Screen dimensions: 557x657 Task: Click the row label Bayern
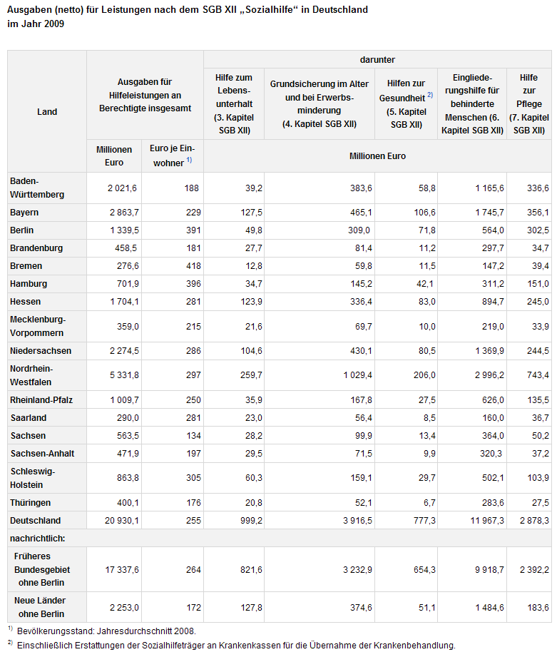(24, 213)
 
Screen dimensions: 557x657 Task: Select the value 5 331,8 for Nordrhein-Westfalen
(124, 375)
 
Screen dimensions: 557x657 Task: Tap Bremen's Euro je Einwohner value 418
(193, 266)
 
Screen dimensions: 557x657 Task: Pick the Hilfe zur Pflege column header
(529, 104)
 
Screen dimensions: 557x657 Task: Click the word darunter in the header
(377, 59)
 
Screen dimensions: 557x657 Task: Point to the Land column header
(47, 112)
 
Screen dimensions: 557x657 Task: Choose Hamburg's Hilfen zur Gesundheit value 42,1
(426, 284)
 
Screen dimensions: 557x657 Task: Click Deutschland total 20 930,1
(122, 521)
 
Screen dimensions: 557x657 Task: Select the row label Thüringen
(30, 503)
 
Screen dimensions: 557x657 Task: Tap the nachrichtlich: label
(37, 539)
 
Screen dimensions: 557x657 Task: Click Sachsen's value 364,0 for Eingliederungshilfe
(493, 436)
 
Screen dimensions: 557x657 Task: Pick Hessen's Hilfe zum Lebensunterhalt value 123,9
(251, 302)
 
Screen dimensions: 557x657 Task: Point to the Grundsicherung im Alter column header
(320, 104)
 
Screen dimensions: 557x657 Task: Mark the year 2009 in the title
(54, 24)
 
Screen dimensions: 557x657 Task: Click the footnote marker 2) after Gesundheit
(430, 95)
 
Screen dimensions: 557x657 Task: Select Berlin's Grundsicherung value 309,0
(359, 230)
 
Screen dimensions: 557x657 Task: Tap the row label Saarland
(28, 418)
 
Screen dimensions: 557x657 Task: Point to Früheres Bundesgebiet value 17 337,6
(122, 570)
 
